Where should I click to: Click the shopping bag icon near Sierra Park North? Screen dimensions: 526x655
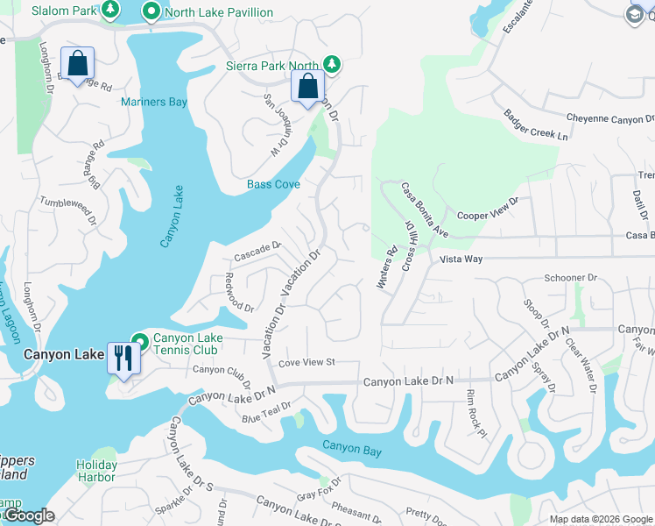coord(307,87)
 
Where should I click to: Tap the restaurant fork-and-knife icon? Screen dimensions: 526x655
coord(123,358)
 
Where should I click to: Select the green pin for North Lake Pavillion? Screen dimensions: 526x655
coord(151,12)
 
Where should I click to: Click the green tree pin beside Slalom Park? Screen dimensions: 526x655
coord(109,10)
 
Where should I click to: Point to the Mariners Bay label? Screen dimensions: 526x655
coord(154,103)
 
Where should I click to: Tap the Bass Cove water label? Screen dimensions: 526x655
coord(273,184)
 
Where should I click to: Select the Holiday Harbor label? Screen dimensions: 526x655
coord(95,471)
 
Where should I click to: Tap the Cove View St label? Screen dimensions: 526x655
coord(306,362)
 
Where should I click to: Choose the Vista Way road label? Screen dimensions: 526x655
coord(461,259)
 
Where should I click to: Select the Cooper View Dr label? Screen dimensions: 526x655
coord(488,208)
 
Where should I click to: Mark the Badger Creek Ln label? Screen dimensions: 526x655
coord(536,125)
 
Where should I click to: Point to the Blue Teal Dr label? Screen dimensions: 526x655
coord(266,410)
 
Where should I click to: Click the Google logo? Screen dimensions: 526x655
coord(29,516)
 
